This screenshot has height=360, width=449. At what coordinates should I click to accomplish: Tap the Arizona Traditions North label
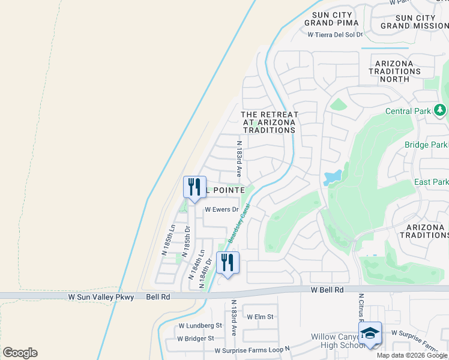(394, 71)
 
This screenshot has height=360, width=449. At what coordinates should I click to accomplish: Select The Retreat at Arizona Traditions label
(269, 122)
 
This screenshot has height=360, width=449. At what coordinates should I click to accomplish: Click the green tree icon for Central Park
(440, 110)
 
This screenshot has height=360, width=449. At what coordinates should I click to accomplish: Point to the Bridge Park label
(426, 145)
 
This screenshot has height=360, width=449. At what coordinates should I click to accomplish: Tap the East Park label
(431, 182)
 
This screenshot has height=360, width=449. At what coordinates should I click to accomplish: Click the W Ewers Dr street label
(221, 210)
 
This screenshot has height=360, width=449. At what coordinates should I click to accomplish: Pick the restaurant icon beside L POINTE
(194, 187)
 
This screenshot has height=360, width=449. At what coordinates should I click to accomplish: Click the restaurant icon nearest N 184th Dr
(228, 262)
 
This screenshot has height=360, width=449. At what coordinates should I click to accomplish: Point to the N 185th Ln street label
(167, 241)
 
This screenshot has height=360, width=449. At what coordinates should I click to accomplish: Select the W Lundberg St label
(200, 325)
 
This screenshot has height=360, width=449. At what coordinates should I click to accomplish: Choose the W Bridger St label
(196, 338)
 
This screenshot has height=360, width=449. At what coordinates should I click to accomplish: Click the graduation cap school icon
(370, 334)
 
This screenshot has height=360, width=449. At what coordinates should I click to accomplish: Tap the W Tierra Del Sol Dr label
(335, 34)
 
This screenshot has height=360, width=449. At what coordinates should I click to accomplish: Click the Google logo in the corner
(20, 353)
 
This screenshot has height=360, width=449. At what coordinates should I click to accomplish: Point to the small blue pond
(332, 177)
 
